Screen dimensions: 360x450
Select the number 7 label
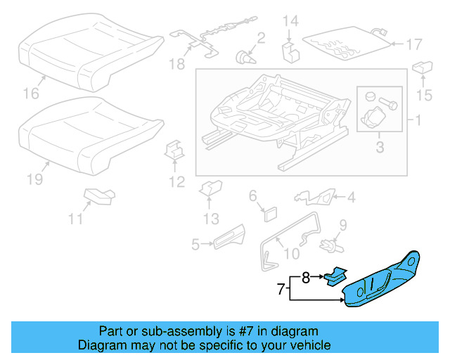pyautogui.click(x=280, y=288)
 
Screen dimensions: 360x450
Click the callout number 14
pyautogui.click(x=290, y=21)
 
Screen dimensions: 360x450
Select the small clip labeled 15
pyautogui.click(x=423, y=69)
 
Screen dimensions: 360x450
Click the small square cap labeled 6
pyautogui.click(x=269, y=213)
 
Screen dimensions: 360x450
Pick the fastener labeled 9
pyautogui.click(x=326, y=244)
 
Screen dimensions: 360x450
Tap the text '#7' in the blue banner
pyautogui.click(x=237, y=331)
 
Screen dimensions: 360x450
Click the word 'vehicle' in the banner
pyautogui.click(x=309, y=345)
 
